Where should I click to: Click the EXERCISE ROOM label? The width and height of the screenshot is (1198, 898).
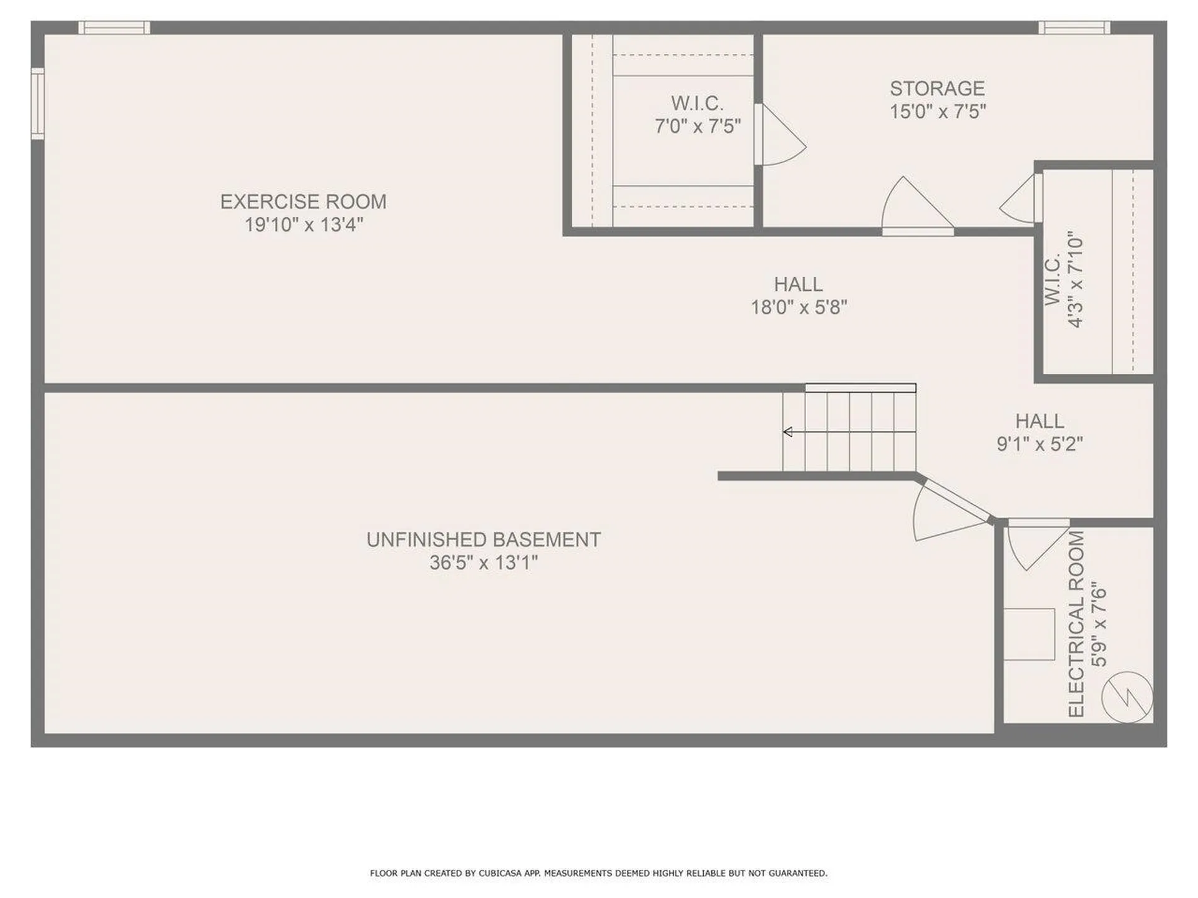point(303,201)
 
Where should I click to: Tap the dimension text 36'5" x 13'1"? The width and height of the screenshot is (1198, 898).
point(484,563)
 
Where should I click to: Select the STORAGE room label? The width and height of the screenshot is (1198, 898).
point(937,89)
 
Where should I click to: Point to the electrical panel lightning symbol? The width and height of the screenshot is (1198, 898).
point(1127,697)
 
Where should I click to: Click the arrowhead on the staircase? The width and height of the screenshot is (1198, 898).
point(788,432)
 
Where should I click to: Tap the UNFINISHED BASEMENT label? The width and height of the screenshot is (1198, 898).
point(484,539)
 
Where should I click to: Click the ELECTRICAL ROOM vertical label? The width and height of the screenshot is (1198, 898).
point(1077,624)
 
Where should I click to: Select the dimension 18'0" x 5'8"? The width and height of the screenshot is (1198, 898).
point(799,307)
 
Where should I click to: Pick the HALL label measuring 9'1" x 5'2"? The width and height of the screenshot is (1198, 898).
point(1040,421)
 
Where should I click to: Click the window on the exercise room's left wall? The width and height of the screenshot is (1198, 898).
point(37,104)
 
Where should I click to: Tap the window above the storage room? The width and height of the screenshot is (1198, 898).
point(1074,27)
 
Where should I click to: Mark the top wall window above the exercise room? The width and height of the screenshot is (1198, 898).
point(114,27)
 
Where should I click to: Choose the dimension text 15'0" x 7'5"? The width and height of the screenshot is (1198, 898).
point(937,112)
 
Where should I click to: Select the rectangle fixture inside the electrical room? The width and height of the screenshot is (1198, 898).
point(1029,634)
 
